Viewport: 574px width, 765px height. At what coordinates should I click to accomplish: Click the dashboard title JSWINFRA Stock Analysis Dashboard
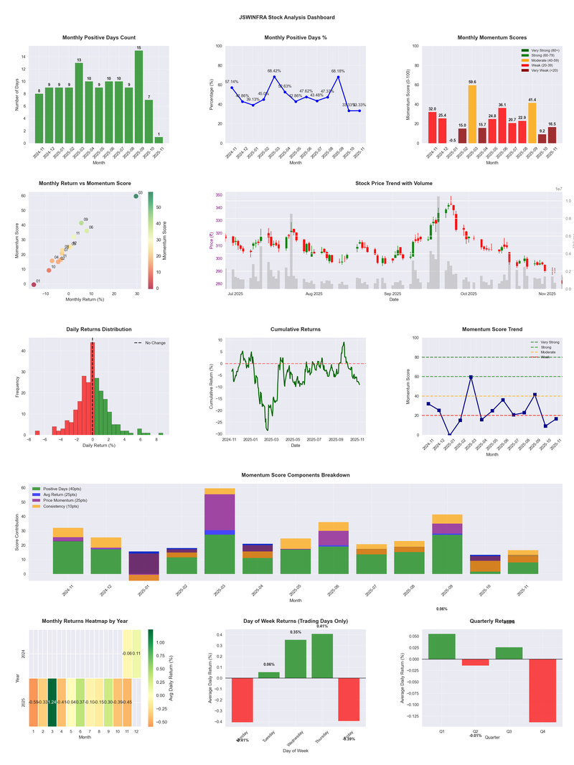(287, 17)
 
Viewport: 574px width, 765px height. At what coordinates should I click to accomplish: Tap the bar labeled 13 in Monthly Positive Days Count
(79, 103)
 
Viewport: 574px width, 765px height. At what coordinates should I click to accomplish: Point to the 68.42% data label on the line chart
(274, 71)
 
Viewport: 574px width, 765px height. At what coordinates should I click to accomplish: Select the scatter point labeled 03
(136, 196)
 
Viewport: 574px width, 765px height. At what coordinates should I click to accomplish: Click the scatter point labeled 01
(34, 285)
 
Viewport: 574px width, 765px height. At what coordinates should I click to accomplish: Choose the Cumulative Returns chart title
(296, 329)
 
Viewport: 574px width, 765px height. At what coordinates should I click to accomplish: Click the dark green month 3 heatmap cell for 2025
(52, 702)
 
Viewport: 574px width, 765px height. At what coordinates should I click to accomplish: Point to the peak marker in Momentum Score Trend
(471, 377)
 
